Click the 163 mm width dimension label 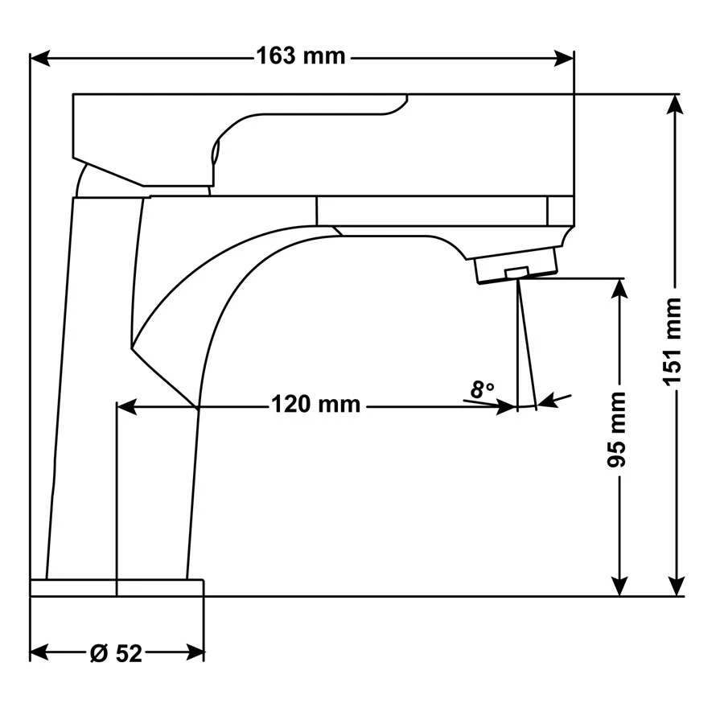[300, 56]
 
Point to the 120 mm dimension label [315, 404]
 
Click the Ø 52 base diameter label [116, 653]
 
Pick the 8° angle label [482, 390]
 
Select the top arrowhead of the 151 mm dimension [676, 103]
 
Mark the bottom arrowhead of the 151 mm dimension [676, 586]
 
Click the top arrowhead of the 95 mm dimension [619, 288]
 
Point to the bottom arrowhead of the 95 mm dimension [619, 586]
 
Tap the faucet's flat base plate [117, 587]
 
